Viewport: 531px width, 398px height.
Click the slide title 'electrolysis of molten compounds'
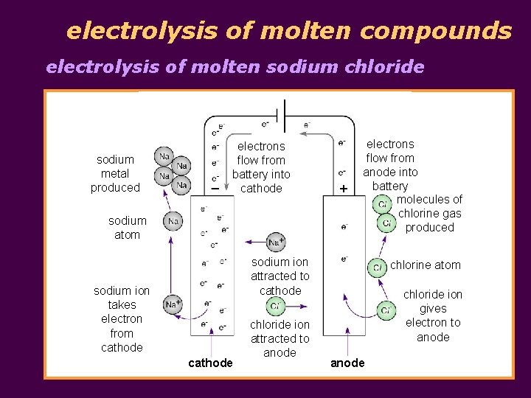[288, 31]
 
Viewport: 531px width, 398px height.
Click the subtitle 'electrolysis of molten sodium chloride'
[235, 67]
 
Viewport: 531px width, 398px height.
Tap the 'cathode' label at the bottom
[210, 363]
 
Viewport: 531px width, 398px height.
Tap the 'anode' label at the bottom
[347, 363]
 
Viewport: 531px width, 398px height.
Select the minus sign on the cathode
[214, 189]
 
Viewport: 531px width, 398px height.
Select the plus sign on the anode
[343, 189]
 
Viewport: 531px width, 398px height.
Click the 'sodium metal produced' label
[115, 174]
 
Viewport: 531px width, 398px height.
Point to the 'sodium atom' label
[127, 228]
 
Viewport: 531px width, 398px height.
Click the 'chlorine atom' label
[425, 265]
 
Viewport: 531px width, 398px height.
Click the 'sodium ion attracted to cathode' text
[280, 276]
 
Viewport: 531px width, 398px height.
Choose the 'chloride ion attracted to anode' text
[280, 338]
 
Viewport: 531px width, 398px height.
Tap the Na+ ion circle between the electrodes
[276, 242]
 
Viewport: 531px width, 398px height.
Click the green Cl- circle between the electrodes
[275, 306]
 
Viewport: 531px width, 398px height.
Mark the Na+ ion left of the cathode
[173, 304]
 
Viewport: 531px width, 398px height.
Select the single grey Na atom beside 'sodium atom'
[173, 221]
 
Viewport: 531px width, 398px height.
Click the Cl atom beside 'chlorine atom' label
[378, 268]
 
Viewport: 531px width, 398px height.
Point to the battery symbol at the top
[280, 116]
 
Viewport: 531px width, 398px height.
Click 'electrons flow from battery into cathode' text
[261, 167]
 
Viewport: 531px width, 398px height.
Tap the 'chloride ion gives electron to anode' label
[433, 315]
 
